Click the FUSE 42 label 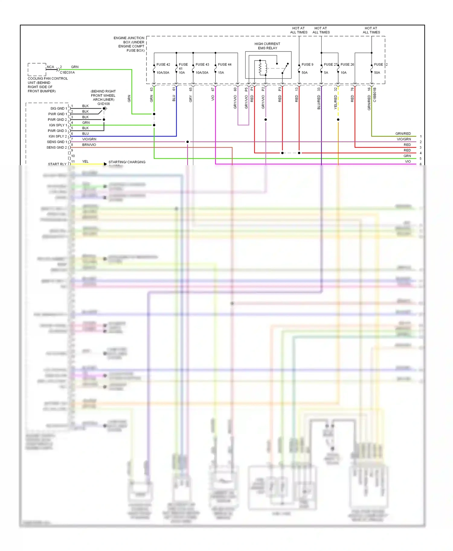click(163, 65)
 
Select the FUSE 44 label click(225, 65)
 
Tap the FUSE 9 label click(307, 65)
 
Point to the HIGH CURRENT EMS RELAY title click(267, 46)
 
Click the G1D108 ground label click(104, 104)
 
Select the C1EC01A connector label click(67, 73)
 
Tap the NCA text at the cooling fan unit click(50, 67)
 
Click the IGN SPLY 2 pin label click(58, 136)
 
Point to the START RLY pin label click(57, 164)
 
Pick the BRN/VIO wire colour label click(89, 145)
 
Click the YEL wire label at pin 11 click(85, 162)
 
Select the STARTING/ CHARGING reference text click(127, 162)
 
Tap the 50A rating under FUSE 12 click(377, 73)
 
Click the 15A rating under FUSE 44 click(221, 73)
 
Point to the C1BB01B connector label click(375, 95)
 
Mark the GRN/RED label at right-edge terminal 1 click(403, 134)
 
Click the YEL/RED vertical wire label click(336, 102)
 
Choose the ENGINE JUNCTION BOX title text click(129, 44)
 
